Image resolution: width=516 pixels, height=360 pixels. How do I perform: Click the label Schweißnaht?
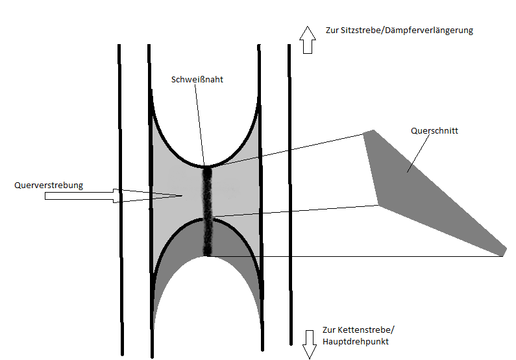tap(197, 80)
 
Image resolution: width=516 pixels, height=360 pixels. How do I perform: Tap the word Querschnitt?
tap(434, 130)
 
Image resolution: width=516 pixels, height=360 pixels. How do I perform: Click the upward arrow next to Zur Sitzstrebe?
tap(306, 40)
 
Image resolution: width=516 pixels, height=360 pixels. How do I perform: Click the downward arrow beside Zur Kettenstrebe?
tap(309, 342)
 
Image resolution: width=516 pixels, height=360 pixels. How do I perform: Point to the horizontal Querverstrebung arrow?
tap(117, 195)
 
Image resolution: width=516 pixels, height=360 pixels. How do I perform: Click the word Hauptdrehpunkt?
tap(359, 341)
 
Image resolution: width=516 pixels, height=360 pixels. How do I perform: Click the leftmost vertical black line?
tap(120, 195)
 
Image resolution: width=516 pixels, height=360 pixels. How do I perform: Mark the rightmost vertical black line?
tap(289, 195)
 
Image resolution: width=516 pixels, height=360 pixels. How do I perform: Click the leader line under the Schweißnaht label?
tap(201, 123)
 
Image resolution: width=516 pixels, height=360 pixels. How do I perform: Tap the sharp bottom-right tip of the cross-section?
tap(504, 252)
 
